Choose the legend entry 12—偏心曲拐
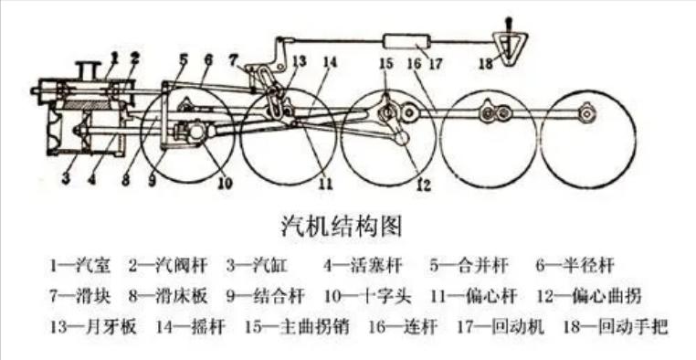click(x=599, y=296)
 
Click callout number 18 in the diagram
click(x=485, y=64)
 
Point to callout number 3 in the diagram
click(x=66, y=175)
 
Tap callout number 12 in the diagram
click(x=422, y=184)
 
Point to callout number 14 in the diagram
click(x=329, y=64)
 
